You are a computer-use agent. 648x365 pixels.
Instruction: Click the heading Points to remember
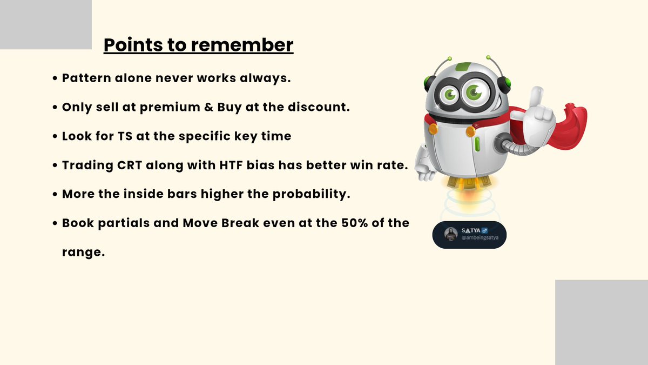198,45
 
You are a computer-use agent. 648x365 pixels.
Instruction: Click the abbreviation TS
124,136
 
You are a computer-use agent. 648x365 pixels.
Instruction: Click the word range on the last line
83,252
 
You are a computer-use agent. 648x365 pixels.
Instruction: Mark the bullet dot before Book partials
56,223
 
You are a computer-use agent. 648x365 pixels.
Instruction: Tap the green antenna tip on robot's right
488,57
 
